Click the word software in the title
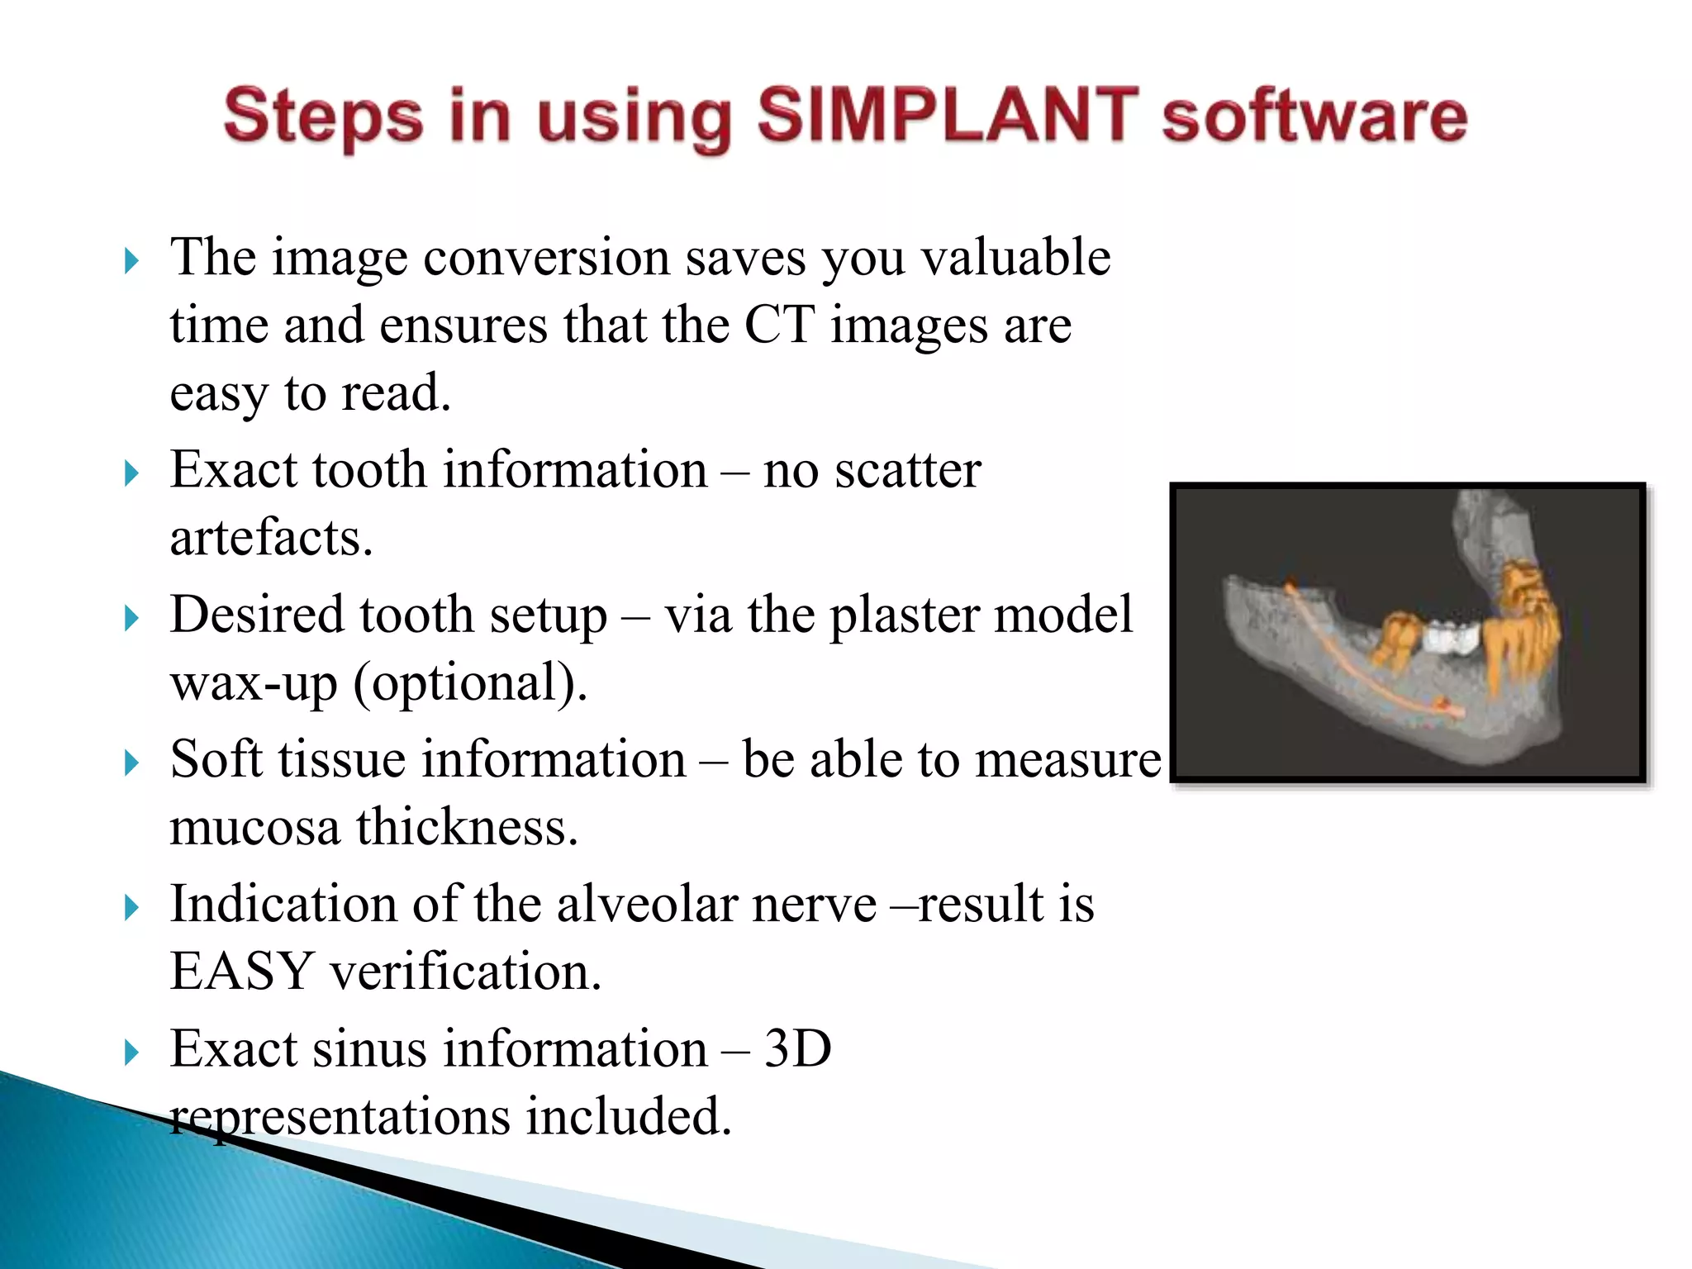[1314, 116]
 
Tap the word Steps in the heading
[323, 116]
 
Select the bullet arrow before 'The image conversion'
[131, 262]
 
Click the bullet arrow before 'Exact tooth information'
[131, 474]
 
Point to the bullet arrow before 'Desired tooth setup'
[131, 619]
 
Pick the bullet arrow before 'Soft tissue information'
[131, 763]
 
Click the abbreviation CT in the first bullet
[779, 325]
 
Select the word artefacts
[271, 538]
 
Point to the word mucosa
[254, 828]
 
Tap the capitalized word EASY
[241, 972]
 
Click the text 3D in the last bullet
[797, 1049]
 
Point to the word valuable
[1015, 258]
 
